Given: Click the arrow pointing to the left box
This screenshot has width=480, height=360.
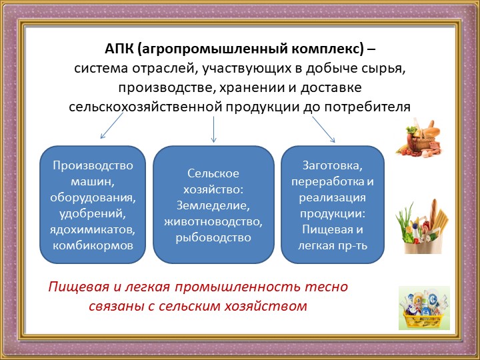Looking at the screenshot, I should click(111, 126).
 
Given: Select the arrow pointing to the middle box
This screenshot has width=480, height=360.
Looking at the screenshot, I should click(213, 129).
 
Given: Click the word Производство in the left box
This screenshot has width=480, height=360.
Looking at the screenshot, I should click(93, 165).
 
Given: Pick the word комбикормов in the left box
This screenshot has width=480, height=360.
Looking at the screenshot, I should click(93, 246).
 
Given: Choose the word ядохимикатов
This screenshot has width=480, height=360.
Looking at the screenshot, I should click(93, 230).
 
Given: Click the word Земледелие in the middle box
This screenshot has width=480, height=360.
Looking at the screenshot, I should click(213, 205).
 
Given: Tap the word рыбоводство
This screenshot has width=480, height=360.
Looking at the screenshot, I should click(213, 237).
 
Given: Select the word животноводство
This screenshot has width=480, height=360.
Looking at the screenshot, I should click(213, 221).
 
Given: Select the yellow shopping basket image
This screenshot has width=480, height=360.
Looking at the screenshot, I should click(422, 308).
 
